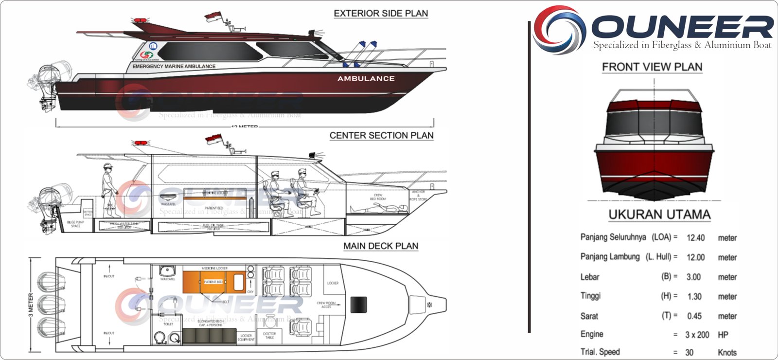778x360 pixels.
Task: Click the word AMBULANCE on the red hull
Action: tap(366, 78)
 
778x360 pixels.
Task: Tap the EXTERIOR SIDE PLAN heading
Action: tap(381, 14)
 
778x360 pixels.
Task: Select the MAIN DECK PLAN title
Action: tap(381, 246)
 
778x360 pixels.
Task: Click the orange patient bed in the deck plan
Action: tap(214, 282)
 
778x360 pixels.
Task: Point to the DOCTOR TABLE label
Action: tap(269, 335)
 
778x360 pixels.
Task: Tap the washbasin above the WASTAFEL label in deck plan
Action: tap(167, 270)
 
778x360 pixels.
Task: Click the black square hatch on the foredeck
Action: tap(358, 305)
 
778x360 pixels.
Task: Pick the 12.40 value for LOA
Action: tap(695, 238)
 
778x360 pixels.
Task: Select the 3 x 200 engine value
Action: tap(697, 335)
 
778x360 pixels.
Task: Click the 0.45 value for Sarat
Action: tap(694, 316)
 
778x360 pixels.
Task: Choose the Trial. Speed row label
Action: tap(600, 352)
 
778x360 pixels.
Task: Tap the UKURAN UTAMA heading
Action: tap(659, 215)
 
